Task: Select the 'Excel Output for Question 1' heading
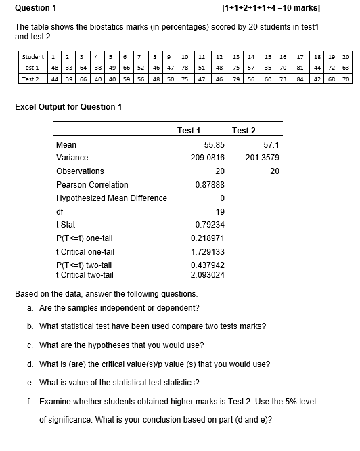(69, 107)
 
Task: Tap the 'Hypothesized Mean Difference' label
(111, 198)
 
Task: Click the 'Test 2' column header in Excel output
(244, 130)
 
